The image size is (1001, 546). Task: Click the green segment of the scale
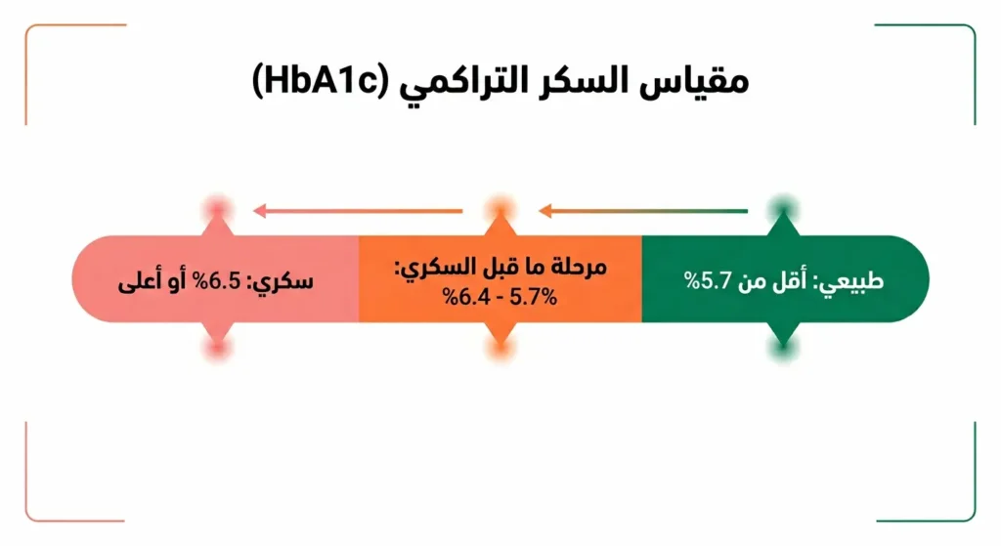[782, 279]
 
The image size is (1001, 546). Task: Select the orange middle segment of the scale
[500, 279]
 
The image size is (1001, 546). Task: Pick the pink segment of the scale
[215, 279]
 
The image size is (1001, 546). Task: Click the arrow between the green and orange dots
[642, 210]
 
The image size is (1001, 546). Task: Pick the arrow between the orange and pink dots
[357, 210]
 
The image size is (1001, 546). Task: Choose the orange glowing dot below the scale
[500, 349]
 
